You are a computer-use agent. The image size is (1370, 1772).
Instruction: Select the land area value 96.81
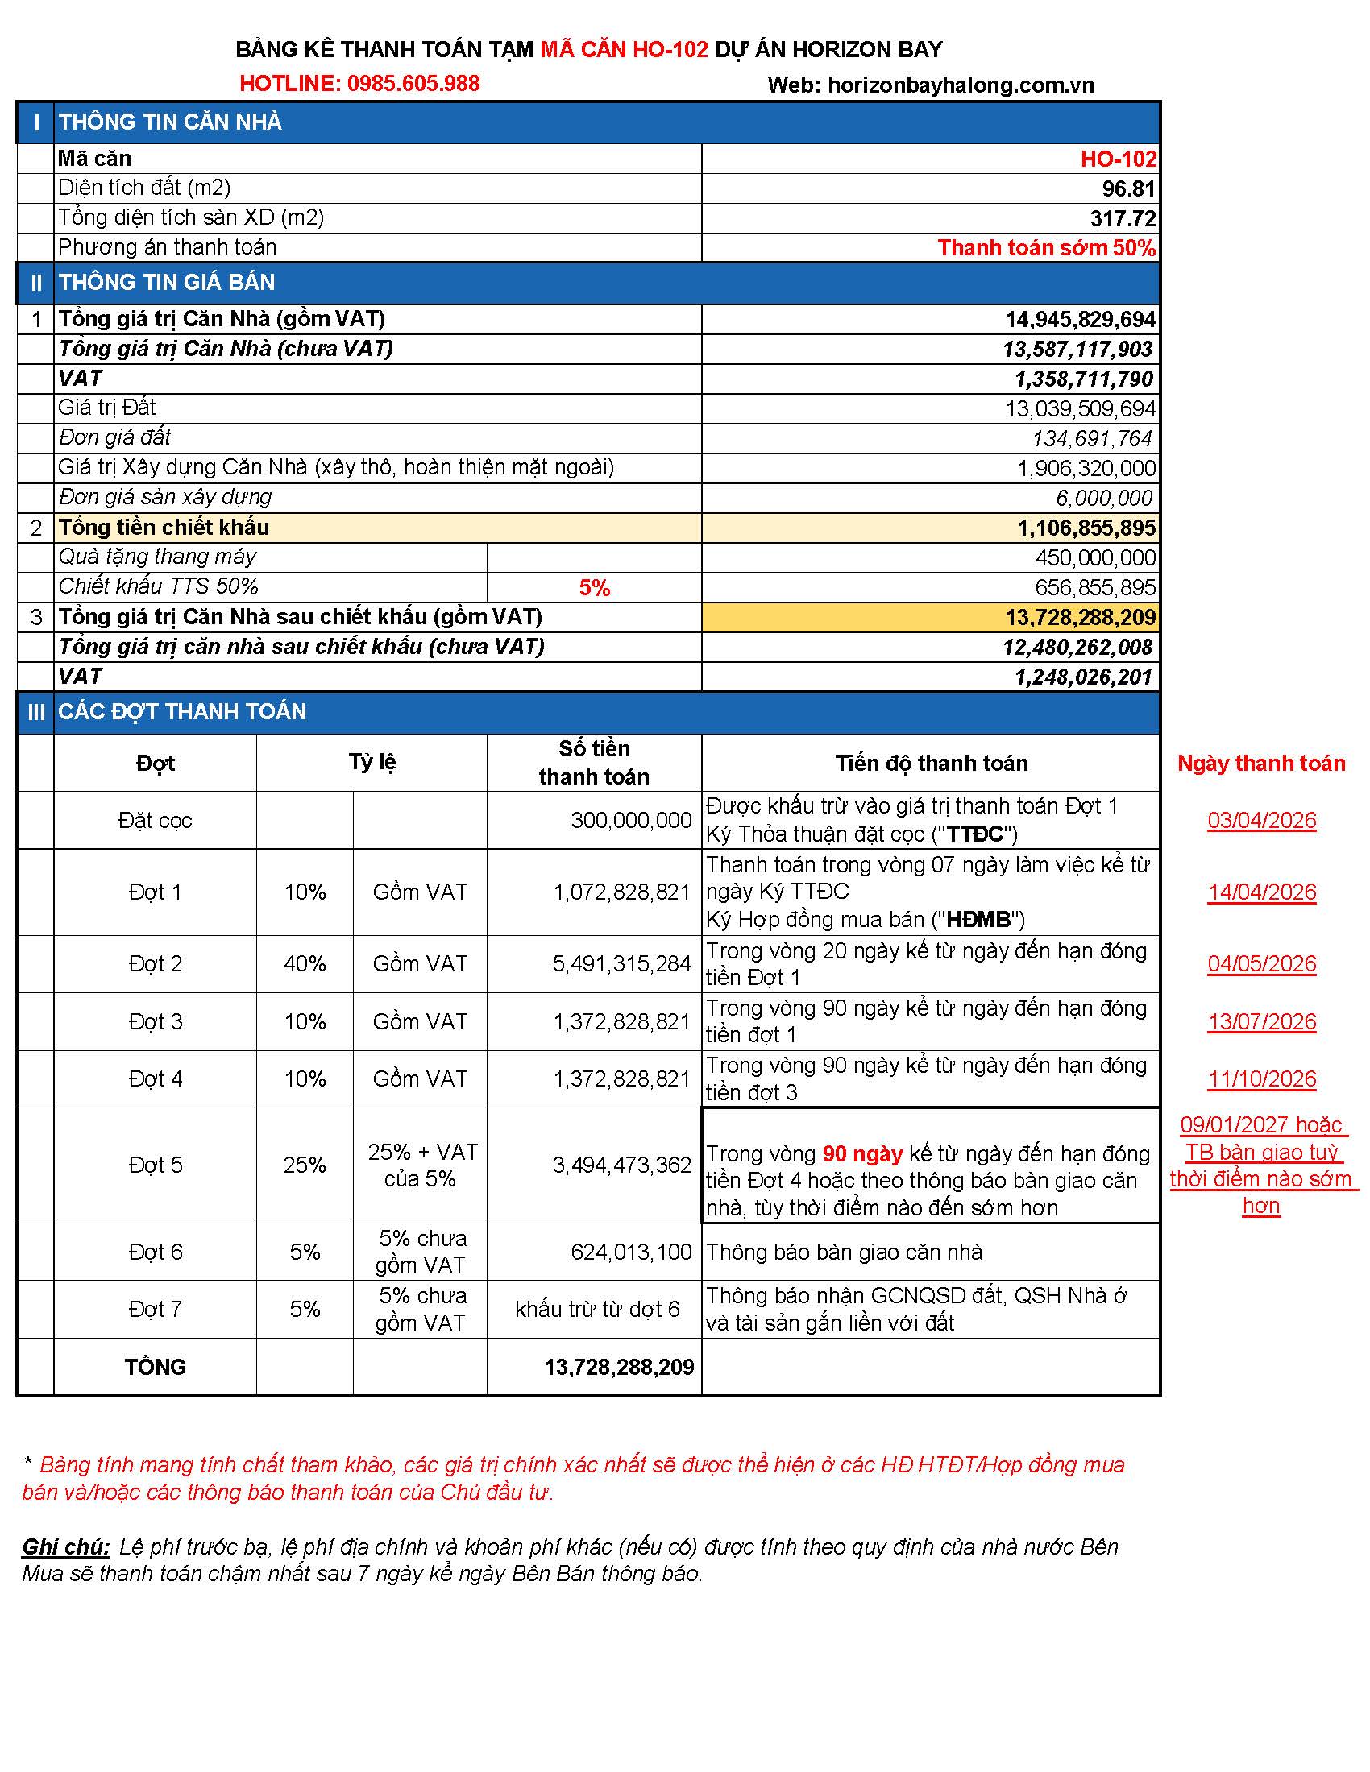pyautogui.click(x=1128, y=189)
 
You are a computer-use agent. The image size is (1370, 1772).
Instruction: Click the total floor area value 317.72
pyautogui.click(x=1123, y=218)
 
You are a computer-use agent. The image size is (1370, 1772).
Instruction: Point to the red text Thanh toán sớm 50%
pyautogui.click(x=1046, y=248)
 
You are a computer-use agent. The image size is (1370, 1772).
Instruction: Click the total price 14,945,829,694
pyautogui.click(x=1080, y=320)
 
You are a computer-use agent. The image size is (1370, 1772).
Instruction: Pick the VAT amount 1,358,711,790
pyautogui.click(x=1083, y=379)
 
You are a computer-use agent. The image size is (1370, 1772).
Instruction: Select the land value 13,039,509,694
pyautogui.click(x=1080, y=409)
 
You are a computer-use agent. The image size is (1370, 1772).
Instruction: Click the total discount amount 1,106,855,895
pyautogui.click(x=1086, y=528)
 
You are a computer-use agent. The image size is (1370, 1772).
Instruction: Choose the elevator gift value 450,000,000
pyautogui.click(x=1095, y=558)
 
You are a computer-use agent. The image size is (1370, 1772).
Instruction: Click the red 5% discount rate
pyautogui.click(x=594, y=587)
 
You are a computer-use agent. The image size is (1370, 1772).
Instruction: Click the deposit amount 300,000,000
pyautogui.click(x=631, y=820)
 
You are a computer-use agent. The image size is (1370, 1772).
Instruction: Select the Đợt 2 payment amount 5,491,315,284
pyautogui.click(x=621, y=964)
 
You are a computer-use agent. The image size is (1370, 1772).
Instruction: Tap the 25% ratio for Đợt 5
pyautogui.click(x=305, y=1165)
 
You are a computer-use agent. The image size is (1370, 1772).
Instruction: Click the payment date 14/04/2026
pyautogui.click(x=1261, y=892)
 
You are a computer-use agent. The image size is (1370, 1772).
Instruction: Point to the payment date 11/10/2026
pyautogui.click(x=1261, y=1079)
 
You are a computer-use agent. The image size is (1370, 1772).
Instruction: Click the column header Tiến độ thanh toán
pyautogui.click(x=931, y=763)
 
